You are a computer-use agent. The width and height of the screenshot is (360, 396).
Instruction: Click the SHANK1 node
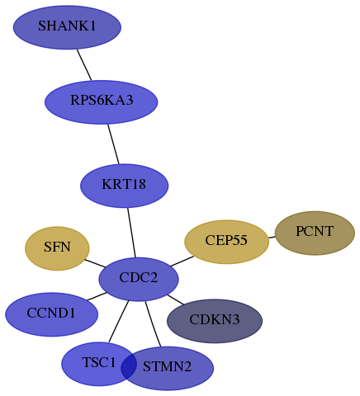67,27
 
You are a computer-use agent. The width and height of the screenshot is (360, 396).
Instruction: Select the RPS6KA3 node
102,102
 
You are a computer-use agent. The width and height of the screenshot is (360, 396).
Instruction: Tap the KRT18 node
125,186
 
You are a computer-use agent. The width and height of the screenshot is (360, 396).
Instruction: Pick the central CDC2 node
139,280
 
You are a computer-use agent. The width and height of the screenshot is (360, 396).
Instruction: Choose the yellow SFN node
57,248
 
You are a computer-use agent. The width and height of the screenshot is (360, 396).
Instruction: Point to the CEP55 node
226,242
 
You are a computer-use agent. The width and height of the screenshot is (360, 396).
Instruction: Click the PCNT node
315,233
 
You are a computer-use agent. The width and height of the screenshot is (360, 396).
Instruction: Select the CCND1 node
52,314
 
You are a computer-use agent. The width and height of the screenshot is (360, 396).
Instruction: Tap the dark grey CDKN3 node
215,321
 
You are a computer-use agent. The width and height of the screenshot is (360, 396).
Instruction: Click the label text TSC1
99,362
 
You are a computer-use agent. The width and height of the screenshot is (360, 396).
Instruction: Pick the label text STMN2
167,366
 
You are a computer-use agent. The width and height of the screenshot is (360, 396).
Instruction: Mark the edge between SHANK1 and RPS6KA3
84,65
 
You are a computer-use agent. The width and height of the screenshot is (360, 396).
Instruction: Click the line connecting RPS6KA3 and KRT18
113,144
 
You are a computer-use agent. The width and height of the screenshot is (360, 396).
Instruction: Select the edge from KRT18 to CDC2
131,233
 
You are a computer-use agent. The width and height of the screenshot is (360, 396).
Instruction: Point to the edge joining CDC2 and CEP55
182,261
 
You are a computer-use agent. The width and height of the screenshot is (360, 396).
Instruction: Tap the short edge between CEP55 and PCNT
272,237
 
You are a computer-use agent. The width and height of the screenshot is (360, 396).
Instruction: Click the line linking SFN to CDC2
95,263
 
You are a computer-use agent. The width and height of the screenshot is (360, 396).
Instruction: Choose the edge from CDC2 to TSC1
119,322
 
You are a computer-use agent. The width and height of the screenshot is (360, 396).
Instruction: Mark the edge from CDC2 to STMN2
153,324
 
